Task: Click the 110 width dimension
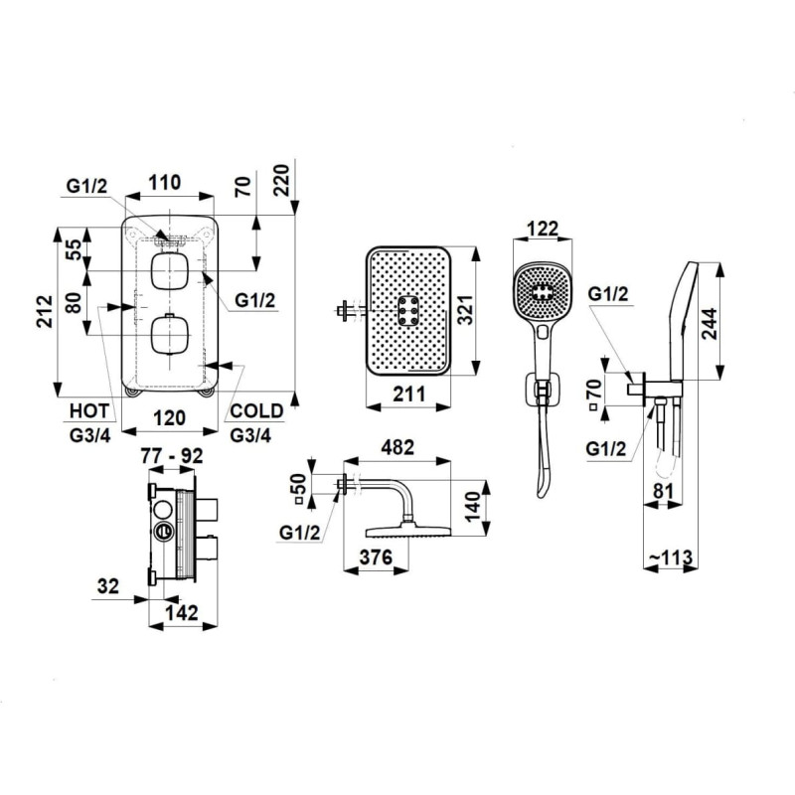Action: pos(165,182)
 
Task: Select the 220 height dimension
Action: pos(283,179)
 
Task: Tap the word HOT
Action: pos(89,410)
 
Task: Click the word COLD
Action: pos(256,410)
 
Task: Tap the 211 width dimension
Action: pos(408,395)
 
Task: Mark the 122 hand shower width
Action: pos(541,230)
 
